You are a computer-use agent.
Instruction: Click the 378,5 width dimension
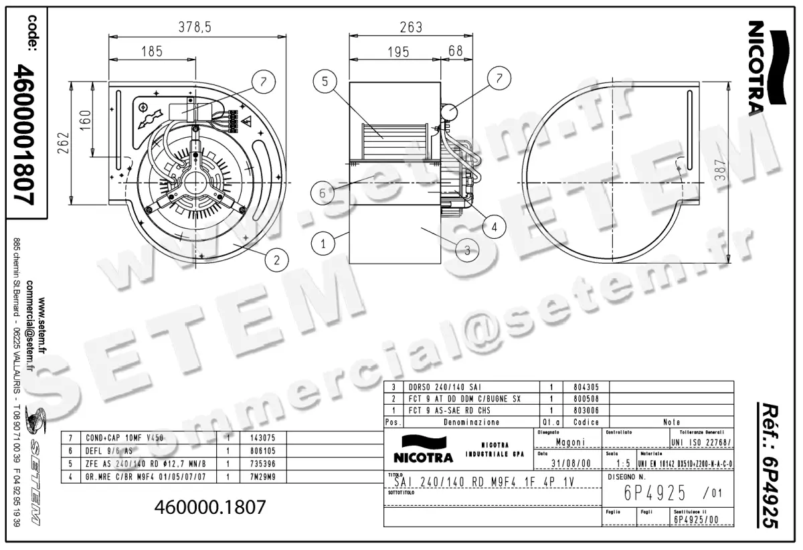(x=195, y=27)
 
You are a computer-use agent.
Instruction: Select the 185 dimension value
(x=152, y=50)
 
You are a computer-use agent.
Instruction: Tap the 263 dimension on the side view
(x=411, y=27)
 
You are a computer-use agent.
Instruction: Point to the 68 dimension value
(x=456, y=50)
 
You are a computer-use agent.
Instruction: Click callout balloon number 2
(x=277, y=259)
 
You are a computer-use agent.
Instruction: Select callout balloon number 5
(x=325, y=82)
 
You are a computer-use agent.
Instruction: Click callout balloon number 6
(x=323, y=193)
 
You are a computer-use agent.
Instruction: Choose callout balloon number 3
(x=467, y=251)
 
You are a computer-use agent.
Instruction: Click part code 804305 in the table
(x=586, y=387)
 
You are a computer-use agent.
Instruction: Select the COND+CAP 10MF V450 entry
(x=122, y=438)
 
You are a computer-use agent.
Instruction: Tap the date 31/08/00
(x=570, y=463)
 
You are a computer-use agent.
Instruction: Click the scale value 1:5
(x=622, y=463)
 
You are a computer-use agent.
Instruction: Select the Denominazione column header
(x=471, y=423)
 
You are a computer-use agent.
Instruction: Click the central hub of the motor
(x=195, y=182)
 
